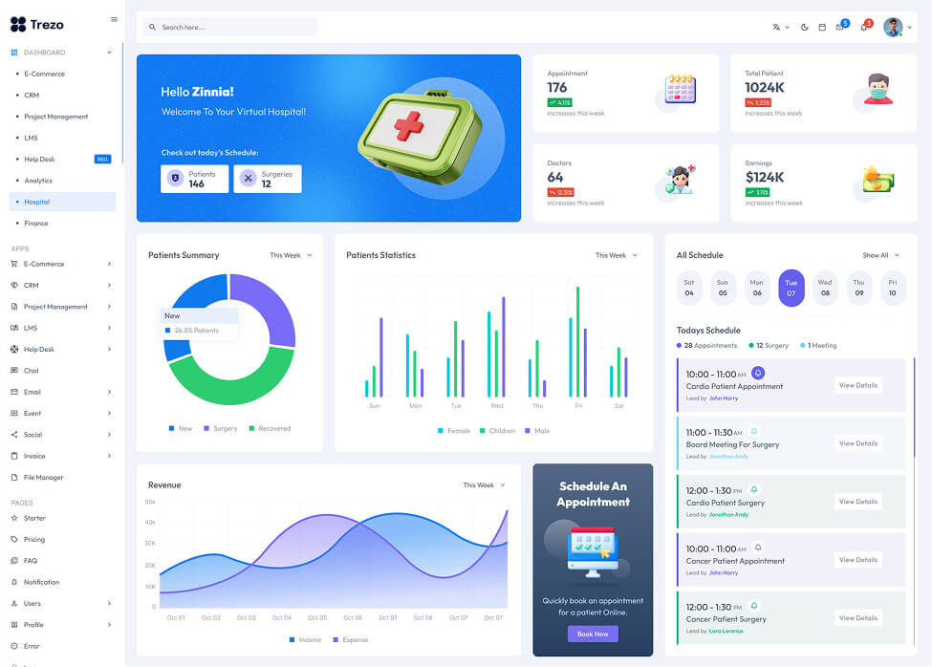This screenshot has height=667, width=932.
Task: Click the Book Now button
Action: click(593, 634)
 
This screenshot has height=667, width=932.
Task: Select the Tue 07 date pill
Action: click(791, 288)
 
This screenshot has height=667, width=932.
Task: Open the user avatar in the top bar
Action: click(892, 27)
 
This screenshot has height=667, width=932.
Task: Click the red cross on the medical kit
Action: click(409, 125)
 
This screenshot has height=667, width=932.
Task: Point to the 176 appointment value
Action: click(557, 88)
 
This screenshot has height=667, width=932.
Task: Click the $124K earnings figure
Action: click(765, 177)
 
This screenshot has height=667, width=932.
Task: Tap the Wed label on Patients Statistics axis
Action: click(497, 406)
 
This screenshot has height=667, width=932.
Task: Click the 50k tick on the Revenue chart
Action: click(150, 502)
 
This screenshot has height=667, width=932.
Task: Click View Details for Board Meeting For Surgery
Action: click(857, 443)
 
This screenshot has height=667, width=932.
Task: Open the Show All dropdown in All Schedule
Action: click(880, 255)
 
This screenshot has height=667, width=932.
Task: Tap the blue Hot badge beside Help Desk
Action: click(102, 159)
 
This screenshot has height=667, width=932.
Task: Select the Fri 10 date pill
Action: click(892, 288)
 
